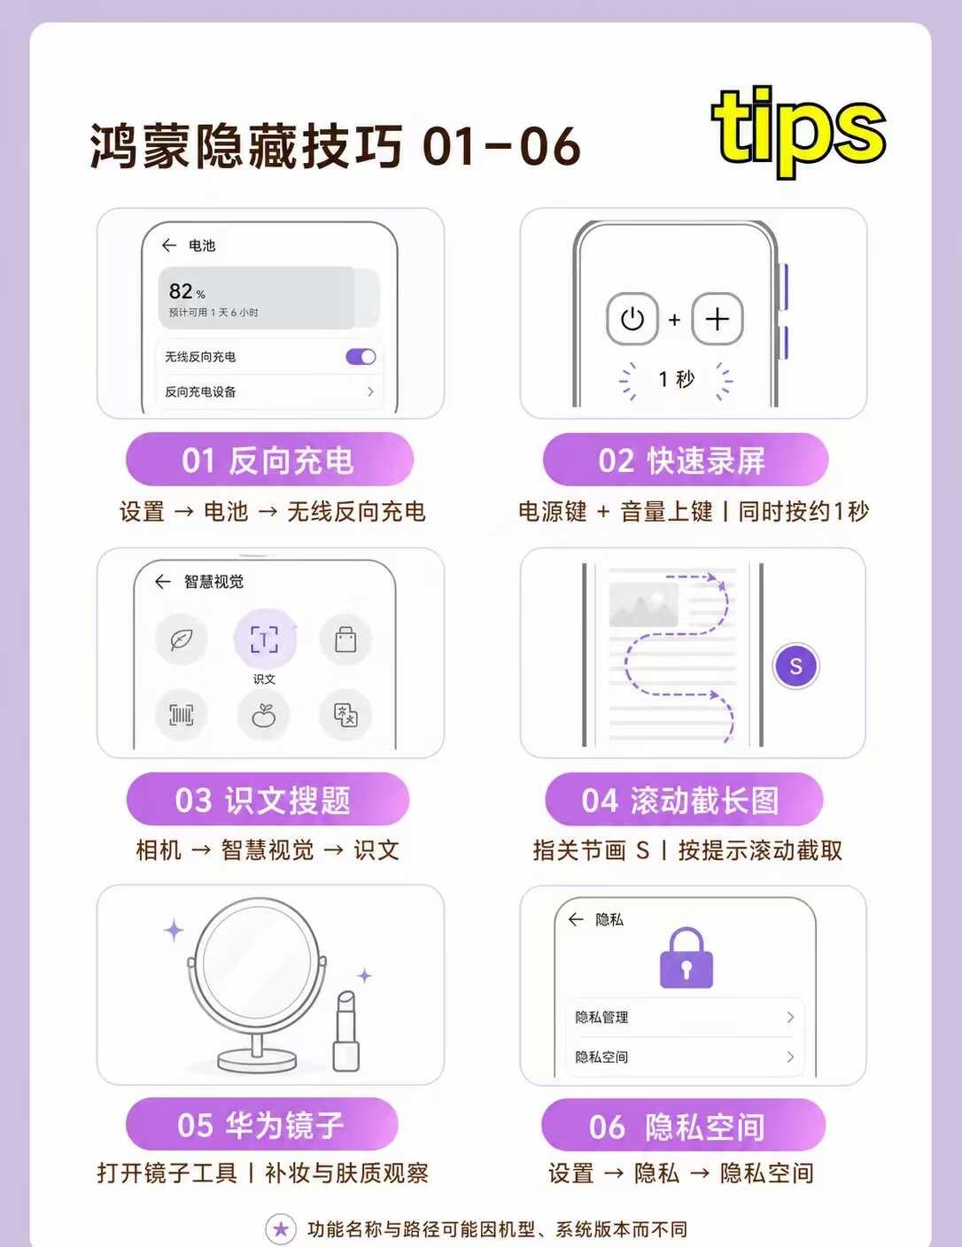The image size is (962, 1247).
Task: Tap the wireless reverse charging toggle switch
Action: click(361, 357)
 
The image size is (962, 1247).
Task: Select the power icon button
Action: click(632, 319)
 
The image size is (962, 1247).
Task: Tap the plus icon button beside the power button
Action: click(717, 319)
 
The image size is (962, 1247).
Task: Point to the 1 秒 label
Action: click(676, 379)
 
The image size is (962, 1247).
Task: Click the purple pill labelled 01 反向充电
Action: click(269, 461)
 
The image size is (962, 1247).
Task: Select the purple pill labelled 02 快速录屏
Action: click(686, 461)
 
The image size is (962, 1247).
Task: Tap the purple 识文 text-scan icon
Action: click(265, 639)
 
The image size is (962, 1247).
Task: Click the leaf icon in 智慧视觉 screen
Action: click(182, 639)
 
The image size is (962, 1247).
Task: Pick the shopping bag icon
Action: click(345, 639)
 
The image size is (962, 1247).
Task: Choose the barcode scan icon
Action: click(182, 715)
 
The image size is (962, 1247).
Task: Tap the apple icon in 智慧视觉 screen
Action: click(263, 715)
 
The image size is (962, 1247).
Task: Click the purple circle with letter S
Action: click(795, 666)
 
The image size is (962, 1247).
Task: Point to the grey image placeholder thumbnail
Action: click(643, 605)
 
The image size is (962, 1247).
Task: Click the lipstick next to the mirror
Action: click(346, 1031)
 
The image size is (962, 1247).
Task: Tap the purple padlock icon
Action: click(687, 958)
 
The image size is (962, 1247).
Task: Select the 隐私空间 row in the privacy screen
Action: click(685, 1057)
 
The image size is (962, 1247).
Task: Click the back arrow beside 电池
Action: click(169, 245)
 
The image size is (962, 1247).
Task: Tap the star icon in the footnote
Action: click(282, 1229)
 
